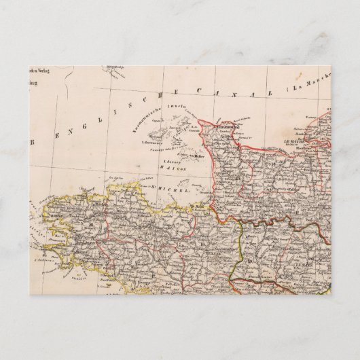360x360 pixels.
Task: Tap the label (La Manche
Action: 310,88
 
